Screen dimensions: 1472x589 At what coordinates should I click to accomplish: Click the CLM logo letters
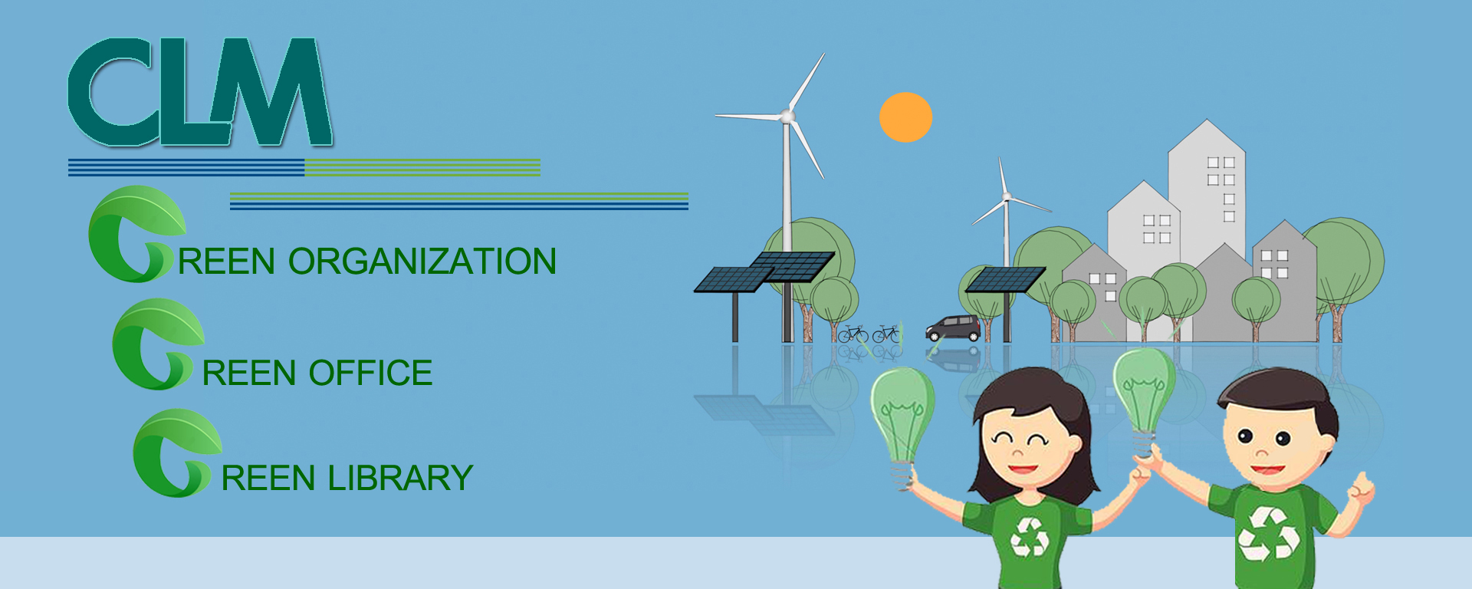click(x=199, y=92)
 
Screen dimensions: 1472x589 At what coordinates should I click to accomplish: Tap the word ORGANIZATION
click(x=422, y=262)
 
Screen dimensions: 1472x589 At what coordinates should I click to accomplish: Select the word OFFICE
click(x=371, y=373)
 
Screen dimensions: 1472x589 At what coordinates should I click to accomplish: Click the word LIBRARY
click(x=400, y=478)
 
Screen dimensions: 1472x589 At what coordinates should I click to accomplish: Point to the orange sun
click(x=905, y=117)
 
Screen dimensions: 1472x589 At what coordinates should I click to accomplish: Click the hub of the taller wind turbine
click(x=787, y=116)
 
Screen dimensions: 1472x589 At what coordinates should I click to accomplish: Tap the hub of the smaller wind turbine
click(x=1007, y=197)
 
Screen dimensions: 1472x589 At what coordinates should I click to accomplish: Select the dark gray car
click(x=953, y=328)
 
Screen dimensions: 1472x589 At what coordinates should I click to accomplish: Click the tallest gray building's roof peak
click(x=1207, y=120)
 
